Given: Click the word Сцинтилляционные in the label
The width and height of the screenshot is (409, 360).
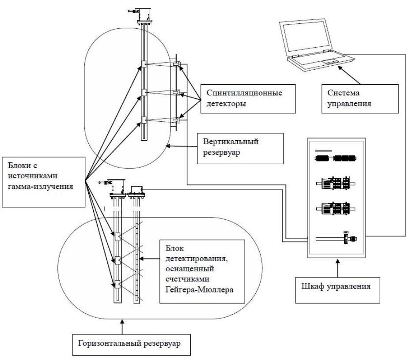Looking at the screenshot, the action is (x=244, y=93).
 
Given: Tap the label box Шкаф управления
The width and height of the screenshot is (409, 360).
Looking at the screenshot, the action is (x=337, y=290).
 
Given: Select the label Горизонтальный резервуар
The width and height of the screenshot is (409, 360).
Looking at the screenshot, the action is (x=132, y=345).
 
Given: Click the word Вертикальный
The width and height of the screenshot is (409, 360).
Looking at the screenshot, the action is (x=231, y=142).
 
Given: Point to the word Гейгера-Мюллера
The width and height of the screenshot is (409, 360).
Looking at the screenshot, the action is (x=199, y=289).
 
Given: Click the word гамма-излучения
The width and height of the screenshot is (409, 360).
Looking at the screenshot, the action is (x=41, y=187).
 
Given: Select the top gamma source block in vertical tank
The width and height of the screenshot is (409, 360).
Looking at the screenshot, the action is (x=144, y=64).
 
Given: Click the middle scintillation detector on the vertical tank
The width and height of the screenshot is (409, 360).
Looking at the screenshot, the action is (x=177, y=93).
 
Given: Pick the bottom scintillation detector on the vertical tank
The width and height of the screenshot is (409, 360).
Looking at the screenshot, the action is (x=176, y=120).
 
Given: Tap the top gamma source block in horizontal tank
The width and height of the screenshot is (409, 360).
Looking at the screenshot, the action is (x=117, y=236).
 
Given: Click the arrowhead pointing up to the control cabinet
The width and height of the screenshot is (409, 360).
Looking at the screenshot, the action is (x=338, y=261).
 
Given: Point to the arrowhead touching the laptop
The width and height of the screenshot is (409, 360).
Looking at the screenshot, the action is (x=340, y=68).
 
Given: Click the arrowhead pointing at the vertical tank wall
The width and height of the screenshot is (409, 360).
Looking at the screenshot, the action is (x=169, y=146).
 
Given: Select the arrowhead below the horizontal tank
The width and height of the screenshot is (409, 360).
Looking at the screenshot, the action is (x=122, y=322).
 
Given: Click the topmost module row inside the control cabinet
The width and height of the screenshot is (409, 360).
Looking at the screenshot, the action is (x=335, y=158).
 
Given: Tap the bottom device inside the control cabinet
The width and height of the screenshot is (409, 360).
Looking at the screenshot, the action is (x=337, y=238).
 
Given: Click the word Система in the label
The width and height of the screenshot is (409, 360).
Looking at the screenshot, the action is (x=343, y=93).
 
